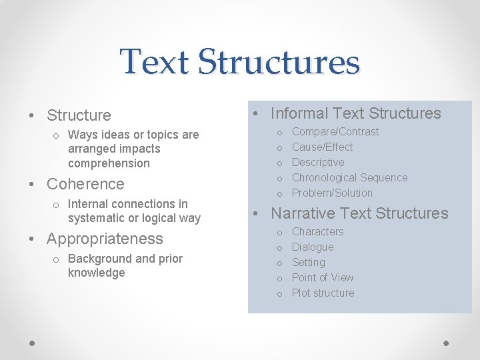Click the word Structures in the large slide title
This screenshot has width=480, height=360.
[x=279, y=62]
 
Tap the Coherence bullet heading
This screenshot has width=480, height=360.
[x=85, y=184]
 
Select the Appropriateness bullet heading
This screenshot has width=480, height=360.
[x=105, y=239]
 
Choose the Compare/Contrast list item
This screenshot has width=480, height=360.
[x=335, y=132]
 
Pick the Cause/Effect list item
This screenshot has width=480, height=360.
[x=322, y=147]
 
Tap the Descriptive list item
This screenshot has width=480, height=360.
[x=318, y=163]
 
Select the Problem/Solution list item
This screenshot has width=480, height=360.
[x=332, y=193]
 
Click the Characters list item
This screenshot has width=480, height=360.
[x=317, y=232]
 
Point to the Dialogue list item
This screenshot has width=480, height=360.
[x=313, y=247]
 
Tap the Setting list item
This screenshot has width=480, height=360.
[x=308, y=263]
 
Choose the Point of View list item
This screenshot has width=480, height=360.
[x=323, y=278]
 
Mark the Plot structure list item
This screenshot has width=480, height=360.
[x=323, y=293]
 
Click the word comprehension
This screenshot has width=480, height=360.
[x=109, y=163]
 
